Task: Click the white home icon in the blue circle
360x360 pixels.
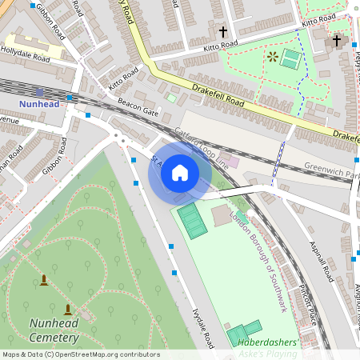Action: pos(180,173)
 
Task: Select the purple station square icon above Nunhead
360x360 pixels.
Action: pos(39,93)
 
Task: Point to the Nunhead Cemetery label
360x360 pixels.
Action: pos(54,330)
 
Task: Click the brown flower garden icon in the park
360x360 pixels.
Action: pos(273,57)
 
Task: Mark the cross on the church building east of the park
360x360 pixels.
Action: pos(337,40)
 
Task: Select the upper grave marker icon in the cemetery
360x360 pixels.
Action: pos(43,280)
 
